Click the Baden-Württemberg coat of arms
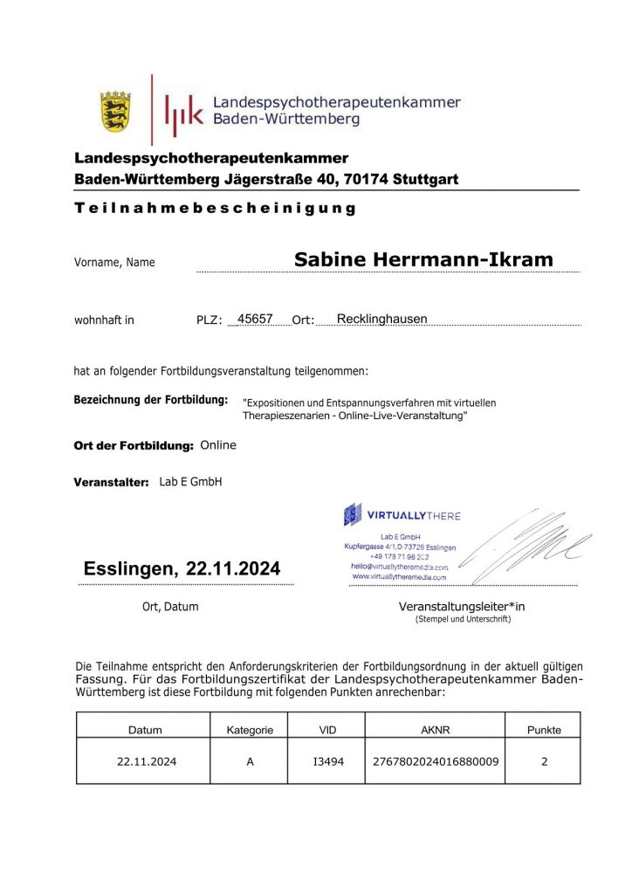[x=114, y=111]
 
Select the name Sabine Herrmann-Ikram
[x=423, y=259]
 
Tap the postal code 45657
[x=255, y=319]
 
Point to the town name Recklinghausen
[x=381, y=319]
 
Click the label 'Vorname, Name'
[x=114, y=262]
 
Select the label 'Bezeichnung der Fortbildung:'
[x=151, y=400]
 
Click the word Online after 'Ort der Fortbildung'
[x=218, y=445]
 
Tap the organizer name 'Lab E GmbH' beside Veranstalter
[x=190, y=482]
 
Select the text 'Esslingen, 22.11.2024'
[x=182, y=569]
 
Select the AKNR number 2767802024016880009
[x=435, y=761]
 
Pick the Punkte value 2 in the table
[x=544, y=761]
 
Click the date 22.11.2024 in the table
[x=147, y=761]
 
